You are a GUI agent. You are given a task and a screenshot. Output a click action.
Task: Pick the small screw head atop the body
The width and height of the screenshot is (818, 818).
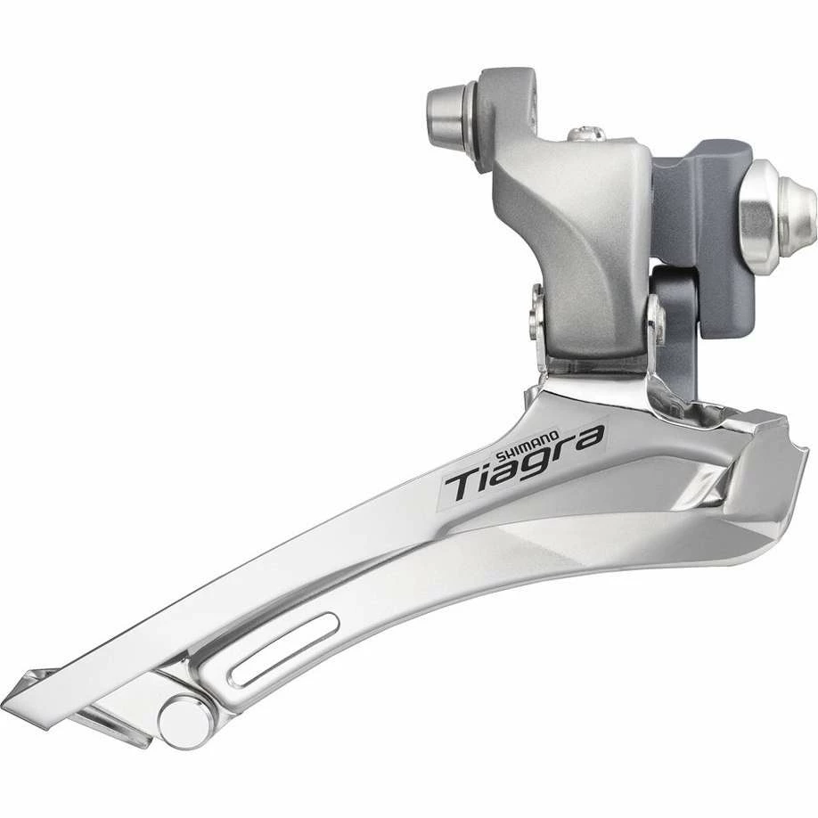point(588,133)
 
